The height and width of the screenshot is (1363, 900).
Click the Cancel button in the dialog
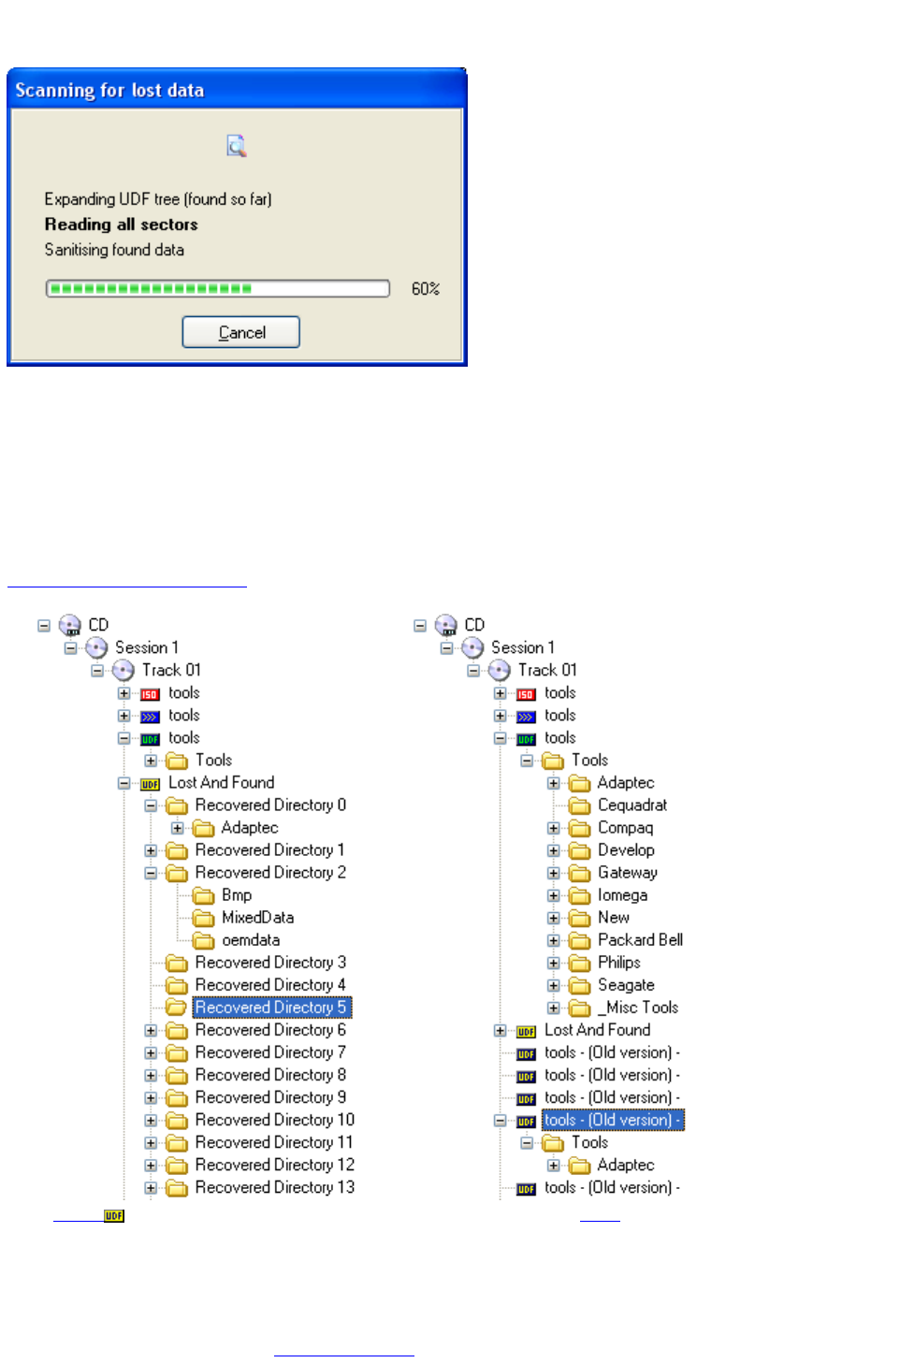(240, 332)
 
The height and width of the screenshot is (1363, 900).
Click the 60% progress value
(425, 289)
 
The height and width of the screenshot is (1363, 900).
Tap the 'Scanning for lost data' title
(109, 91)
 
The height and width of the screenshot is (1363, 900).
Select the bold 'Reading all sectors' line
(121, 225)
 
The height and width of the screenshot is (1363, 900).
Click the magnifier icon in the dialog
(237, 146)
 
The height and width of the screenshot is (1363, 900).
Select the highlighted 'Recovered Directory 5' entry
(270, 1008)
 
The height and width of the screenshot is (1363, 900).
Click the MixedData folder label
(257, 918)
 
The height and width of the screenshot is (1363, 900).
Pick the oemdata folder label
(250, 940)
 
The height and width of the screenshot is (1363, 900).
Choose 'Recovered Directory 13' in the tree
(274, 1187)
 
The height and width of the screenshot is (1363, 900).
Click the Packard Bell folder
(640, 940)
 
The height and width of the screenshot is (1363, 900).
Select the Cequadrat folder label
(631, 805)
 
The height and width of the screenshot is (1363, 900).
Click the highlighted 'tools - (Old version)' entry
(612, 1120)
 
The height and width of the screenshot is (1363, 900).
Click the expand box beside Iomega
(554, 895)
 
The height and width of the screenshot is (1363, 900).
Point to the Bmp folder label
(236, 895)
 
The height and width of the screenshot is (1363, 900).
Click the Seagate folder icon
(580, 985)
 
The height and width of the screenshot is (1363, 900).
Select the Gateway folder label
(627, 873)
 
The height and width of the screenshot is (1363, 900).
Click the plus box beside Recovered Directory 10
(151, 1120)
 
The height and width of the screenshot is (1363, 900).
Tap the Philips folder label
(618, 963)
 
